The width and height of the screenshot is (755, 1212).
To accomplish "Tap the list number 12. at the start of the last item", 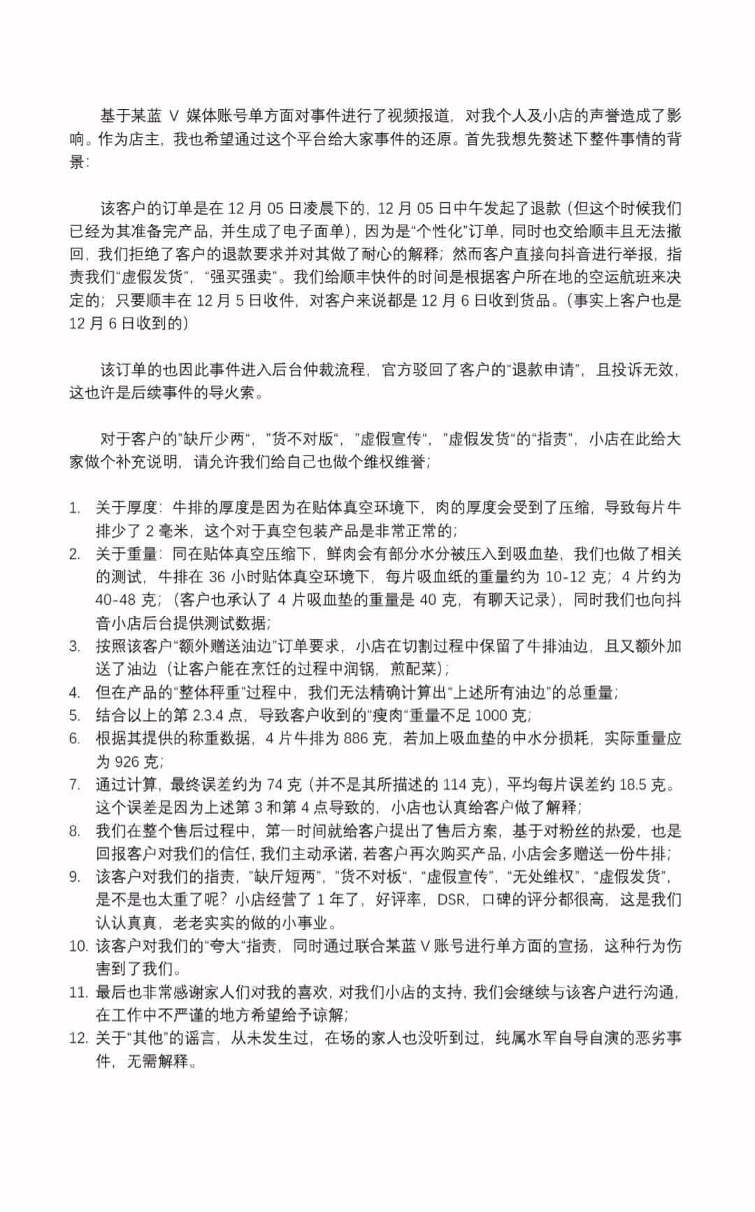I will [78, 1037].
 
